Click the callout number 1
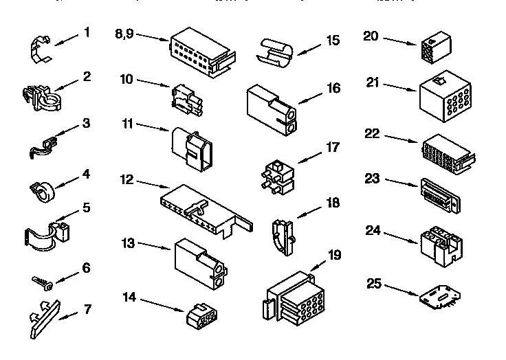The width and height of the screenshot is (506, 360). (x=87, y=32)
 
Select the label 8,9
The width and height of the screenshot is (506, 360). (x=124, y=32)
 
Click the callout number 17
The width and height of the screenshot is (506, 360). (x=333, y=146)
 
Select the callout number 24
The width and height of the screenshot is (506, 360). (x=373, y=230)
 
